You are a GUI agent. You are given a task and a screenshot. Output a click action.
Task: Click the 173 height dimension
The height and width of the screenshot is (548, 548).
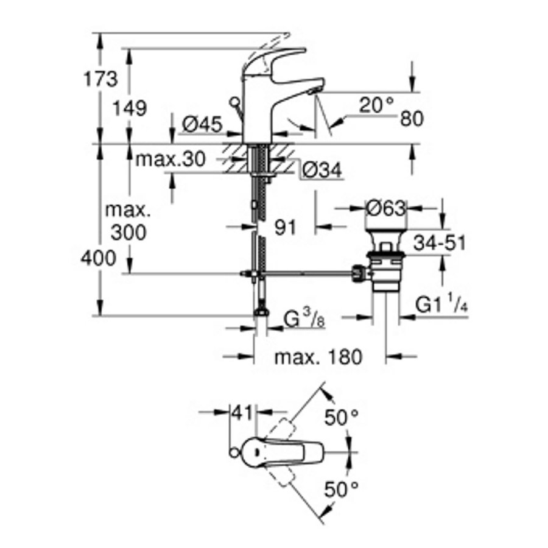tap(100, 79)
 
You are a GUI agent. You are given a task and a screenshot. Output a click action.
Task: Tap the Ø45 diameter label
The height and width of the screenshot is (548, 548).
tap(201, 125)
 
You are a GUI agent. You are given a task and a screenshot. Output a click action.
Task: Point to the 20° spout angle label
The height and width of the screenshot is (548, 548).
tap(376, 105)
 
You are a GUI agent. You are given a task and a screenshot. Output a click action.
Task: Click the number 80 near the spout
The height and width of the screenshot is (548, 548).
tap(412, 119)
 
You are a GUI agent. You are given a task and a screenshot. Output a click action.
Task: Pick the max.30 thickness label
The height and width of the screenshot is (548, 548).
tap(170, 160)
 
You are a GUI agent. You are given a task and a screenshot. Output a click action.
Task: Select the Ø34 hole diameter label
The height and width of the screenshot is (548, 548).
tap(321, 172)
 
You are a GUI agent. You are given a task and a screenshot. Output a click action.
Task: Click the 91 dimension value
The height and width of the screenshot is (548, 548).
tap(284, 228)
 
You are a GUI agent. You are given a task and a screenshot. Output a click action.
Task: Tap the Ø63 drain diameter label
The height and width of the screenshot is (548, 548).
tap(385, 209)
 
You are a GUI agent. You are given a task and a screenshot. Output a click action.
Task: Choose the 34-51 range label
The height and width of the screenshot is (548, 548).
tap(439, 243)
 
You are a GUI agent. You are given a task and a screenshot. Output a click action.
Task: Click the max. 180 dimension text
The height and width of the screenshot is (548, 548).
tap(317, 357)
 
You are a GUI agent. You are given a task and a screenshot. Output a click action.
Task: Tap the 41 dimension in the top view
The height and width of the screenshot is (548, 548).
tap(242, 413)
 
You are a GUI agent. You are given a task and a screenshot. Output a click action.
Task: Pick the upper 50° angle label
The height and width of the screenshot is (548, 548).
tap(341, 418)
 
